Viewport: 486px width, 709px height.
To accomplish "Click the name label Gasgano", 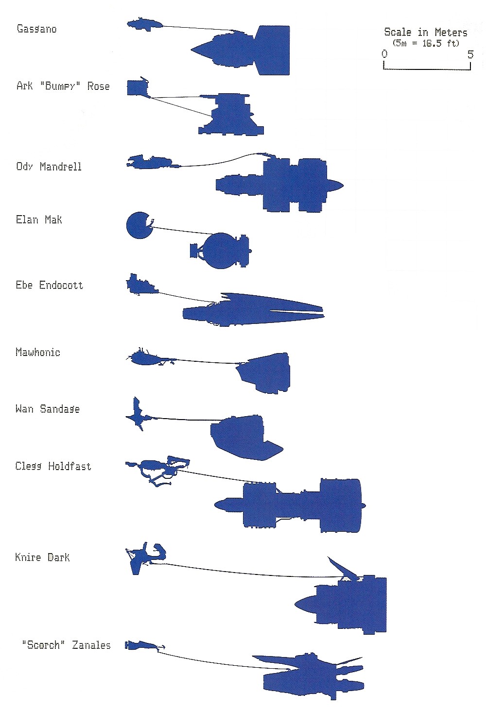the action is [37, 29].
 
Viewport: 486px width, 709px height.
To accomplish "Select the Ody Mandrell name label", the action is [49, 167].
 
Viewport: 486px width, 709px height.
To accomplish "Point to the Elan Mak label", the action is [39, 219].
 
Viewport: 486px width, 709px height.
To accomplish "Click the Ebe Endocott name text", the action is [50, 285].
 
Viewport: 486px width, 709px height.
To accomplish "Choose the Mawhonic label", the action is [38, 352].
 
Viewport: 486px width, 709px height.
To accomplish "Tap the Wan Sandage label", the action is [48, 409].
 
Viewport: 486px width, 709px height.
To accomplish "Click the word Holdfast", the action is [69, 466].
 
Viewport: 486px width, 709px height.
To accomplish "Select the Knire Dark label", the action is [42, 557].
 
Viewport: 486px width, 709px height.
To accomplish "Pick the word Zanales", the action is [91, 645].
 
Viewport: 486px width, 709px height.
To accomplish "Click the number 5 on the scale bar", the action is [470, 54].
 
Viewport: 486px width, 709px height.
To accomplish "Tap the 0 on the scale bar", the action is [384, 54].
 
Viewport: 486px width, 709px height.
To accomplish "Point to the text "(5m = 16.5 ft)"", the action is [426, 43].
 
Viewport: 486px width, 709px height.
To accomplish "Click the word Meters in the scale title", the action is [451, 32].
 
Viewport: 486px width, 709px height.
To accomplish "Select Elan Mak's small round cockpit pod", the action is [139, 225].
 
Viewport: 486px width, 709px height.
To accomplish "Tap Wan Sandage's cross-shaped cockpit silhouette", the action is [139, 414].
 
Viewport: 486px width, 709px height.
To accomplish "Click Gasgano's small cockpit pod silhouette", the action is [144, 25].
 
